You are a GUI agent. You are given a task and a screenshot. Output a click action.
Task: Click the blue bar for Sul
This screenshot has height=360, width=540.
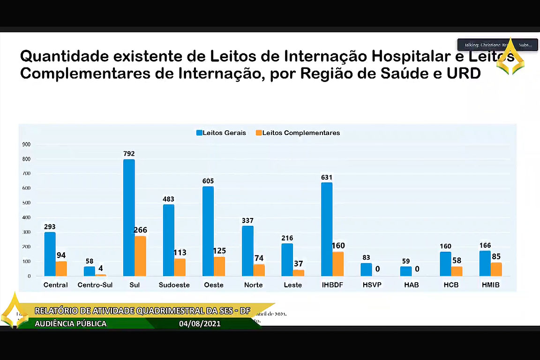(x=129, y=217)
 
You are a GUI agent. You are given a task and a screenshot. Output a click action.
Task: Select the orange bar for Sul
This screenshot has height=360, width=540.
(x=140, y=256)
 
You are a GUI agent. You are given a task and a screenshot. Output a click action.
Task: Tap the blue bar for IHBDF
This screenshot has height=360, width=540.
(x=327, y=229)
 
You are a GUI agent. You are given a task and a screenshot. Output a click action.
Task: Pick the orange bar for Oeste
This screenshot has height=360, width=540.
(x=219, y=266)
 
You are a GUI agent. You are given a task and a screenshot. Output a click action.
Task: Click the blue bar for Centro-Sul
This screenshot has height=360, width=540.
(x=90, y=271)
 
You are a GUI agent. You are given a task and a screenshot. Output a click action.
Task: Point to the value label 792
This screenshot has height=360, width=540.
(x=129, y=154)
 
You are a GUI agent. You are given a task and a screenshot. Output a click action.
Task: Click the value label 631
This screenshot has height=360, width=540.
(x=327, y=177)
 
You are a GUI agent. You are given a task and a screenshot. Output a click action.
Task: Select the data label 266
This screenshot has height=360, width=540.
(x=140, y=230)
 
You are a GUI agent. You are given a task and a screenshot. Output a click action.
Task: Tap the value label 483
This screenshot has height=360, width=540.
(x=168, y=199)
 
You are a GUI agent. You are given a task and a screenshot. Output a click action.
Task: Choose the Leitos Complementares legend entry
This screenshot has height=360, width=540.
(x=297, y=133)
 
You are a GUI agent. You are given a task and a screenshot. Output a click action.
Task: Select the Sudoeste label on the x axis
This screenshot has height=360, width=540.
(x=174, y=285)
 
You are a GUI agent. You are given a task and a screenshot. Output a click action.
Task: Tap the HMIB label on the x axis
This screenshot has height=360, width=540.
(x=490, y=285)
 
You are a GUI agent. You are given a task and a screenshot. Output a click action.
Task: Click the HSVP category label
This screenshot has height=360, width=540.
(x=372, y=285)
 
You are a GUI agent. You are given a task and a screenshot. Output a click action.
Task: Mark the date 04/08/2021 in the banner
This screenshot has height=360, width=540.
(x=200, y=323)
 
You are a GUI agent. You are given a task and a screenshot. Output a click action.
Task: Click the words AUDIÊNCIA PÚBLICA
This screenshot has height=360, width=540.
(x=71, y=323)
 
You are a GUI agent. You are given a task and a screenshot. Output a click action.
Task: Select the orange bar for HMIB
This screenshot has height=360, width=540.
(x=496, y=269)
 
